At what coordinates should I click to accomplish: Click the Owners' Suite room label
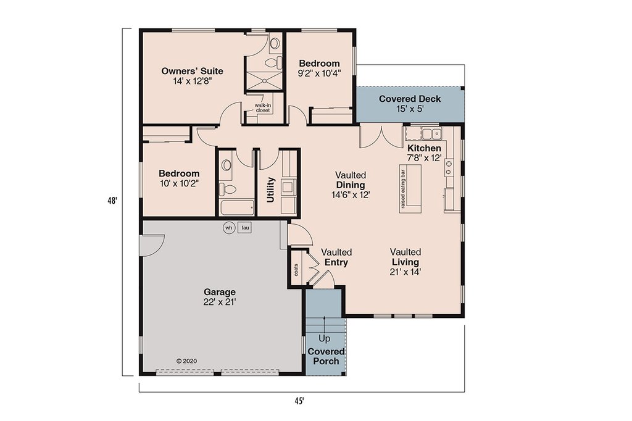193,72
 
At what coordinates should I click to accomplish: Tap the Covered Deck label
410,99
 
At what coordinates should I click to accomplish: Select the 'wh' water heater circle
229,228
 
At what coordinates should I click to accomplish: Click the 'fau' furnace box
245,228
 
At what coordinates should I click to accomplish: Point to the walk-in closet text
263,108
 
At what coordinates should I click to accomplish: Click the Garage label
220,292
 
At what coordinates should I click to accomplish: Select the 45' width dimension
299,401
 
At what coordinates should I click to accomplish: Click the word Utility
270,190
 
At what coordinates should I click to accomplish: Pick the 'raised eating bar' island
410,189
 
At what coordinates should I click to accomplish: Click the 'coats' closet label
297,270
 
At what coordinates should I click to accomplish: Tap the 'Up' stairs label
324,338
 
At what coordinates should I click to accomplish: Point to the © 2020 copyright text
186,361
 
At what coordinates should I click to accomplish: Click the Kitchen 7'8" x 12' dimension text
425,157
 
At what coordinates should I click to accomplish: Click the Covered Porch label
326,356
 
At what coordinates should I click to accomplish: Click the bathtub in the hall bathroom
238,207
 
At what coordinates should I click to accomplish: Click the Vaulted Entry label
336,257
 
